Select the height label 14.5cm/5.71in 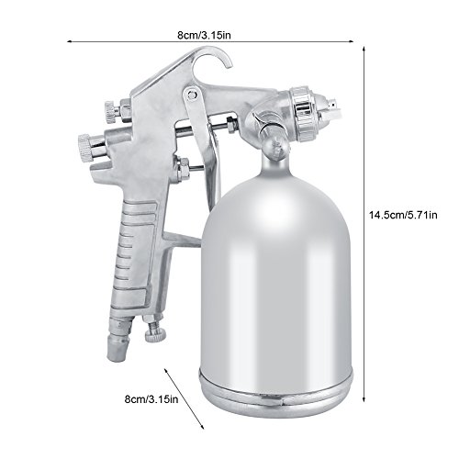point(403,215)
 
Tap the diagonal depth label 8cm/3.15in point(151,399)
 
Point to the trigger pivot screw point(192,94)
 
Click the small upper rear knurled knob point(110,111)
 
